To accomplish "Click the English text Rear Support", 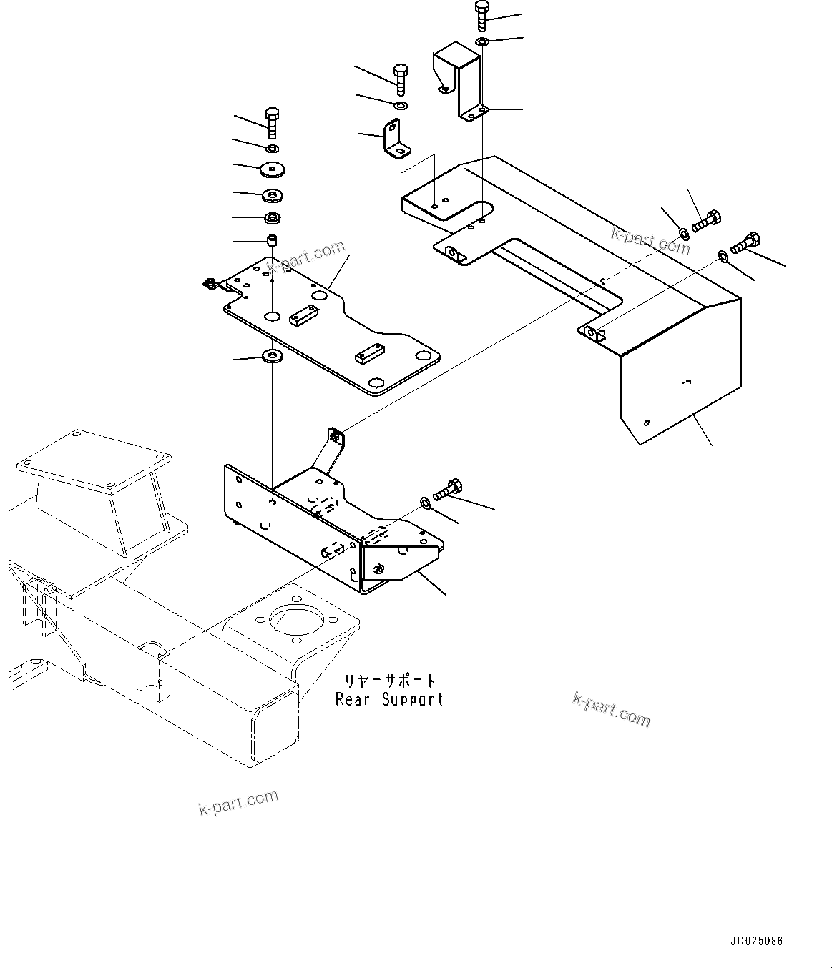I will point(389,699).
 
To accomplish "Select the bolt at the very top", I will point(481,15).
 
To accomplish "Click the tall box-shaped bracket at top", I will point(461,79).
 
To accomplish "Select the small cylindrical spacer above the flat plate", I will point(272,239).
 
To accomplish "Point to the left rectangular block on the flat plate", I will point(303,315).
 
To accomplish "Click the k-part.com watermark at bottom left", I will point(238,802).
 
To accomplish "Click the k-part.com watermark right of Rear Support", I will point(611,709).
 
